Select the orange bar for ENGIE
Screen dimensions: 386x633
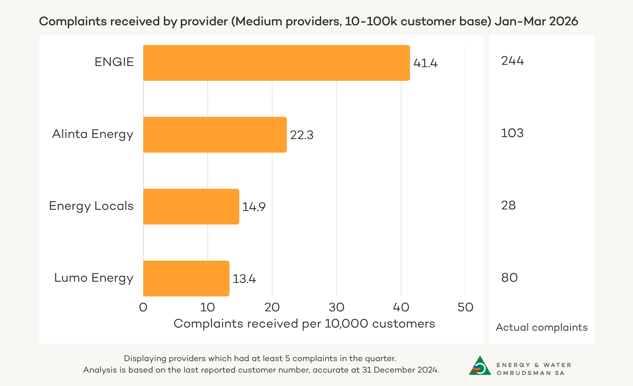(x=276, y=63)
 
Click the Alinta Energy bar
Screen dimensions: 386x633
(x=215, y=135)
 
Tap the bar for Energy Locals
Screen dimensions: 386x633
(x=191, y=207)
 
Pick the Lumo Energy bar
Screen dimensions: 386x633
(x=186, y=279)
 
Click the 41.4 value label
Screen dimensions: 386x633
(x=425, y=63)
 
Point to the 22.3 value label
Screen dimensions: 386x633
(x=302, y=135)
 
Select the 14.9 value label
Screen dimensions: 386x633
(x=254, y=207)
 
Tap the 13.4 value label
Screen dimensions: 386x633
(x=244, y=279)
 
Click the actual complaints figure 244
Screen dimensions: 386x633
(x=512, y=61)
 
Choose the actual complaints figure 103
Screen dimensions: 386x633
(x=512, y=133)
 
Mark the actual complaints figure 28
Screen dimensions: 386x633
(x=508, y=205)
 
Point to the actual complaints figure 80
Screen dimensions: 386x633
(x=509, y=278)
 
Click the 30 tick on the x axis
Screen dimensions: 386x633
(x=337, y=307)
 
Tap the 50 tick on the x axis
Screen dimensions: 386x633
(x=465, y=307)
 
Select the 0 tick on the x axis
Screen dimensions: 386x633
(x=143, y=307)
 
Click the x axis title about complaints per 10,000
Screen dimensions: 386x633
(x=304, y=324)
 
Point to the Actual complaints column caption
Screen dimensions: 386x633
(x=542, y=328)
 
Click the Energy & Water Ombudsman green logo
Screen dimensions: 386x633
(x=480, y=366)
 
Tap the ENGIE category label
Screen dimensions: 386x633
(x=114, y=62)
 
